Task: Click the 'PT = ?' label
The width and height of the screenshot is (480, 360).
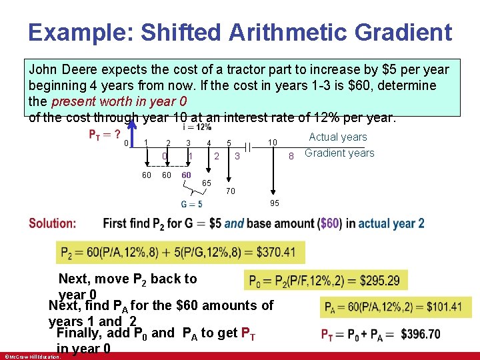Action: click(105, 133)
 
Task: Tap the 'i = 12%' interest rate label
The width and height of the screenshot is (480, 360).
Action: click(197, 127)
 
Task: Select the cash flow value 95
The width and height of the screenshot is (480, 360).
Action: click(275, 203)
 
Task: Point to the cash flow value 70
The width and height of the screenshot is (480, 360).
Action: click(230, 191)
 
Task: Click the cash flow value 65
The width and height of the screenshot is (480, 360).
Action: click(207, 183)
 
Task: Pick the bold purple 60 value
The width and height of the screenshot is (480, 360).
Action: click(187, 175)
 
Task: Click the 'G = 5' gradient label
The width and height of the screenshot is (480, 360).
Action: click(191, 204)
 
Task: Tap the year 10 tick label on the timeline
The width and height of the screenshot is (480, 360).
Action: click(272, 143)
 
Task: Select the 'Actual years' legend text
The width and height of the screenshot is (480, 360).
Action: click(338, 137)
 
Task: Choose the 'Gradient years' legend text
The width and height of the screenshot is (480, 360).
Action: click(339, 153)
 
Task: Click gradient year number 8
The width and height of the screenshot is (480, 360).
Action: click(290, 156)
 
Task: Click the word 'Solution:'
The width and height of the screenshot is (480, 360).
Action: click(52, 223)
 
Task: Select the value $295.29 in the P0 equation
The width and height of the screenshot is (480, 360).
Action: click(378, 281)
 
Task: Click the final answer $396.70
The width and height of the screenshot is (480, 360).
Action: click(418, 334)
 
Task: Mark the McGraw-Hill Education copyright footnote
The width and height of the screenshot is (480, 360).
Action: click(31, 356)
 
